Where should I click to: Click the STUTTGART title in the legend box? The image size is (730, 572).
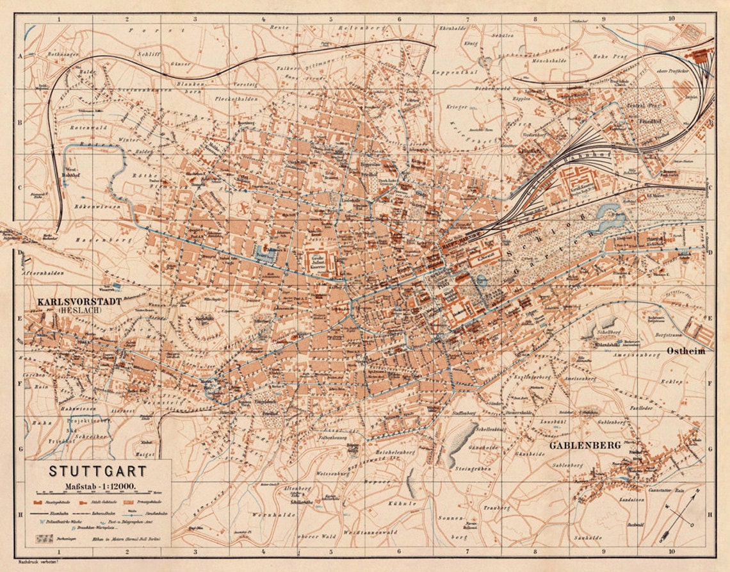pyautogui.click(x=97, y=471)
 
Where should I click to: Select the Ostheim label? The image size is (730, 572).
pyautogui.click(x=686, y=351)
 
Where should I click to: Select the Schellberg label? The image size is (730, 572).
pyautogui.click(x=606, y=332)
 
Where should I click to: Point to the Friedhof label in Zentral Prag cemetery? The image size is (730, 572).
pyautogui.click(x=636, y=120)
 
